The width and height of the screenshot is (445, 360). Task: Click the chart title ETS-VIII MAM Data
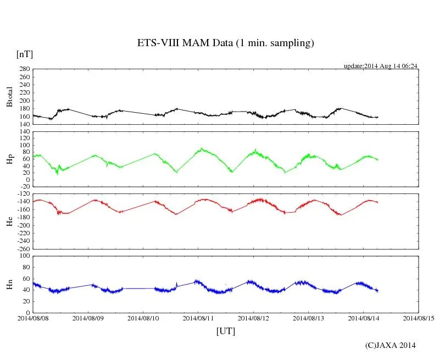pyautogui.click(x=225, y=43)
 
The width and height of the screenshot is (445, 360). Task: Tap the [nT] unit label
pyautogui.click(x=25, y=54)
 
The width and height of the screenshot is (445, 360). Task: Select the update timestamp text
pyautogui.click(x=381, y=66)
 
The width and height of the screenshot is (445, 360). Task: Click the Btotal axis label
pyautogui.click(x=9, y=97)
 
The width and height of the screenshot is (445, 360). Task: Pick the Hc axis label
pyautogui.click(x=9, y=221)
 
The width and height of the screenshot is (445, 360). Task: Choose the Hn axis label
pyautogui.click(x=9, y=284)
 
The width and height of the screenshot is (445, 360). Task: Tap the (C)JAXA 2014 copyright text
pyautogui.click(x=391, y=345)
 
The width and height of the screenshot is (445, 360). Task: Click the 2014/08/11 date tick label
pyautogui.click(x=199, y=318)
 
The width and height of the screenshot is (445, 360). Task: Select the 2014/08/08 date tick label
pyautogui.click(x=33, y=318)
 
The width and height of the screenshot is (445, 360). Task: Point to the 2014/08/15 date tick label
pyautogui.click(x=419, y=318)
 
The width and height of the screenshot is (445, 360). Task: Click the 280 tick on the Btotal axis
pyautogui.click(x=24, y=69)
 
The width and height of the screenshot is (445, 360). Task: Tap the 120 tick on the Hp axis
pyautogui.click(x=24, y=132)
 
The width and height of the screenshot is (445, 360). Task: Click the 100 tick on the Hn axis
pyautogui.click(x=24, y=256)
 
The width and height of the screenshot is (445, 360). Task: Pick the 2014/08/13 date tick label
pyautogui.click(x=309, y=318)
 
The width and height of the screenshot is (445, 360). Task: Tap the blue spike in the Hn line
pyautogui.click(x=176, y=284)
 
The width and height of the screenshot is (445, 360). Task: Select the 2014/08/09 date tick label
pyautogui.click(x=88, y=318)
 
